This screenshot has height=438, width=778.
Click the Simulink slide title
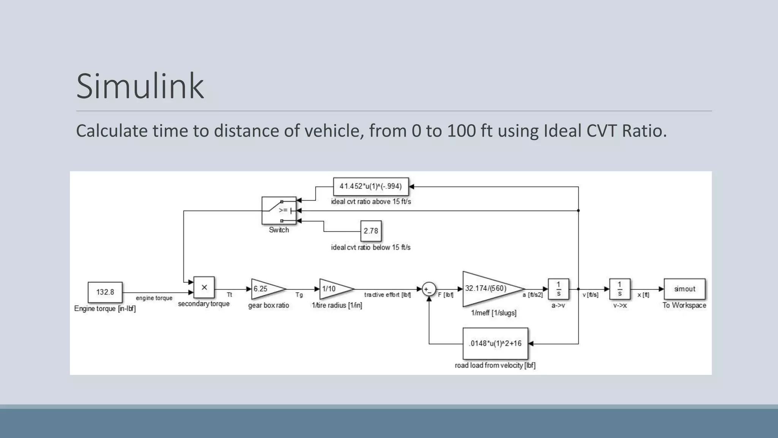pyautogui.click(x=140, y=86)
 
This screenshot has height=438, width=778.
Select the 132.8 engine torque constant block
pyautogui.click(x=105, y=292)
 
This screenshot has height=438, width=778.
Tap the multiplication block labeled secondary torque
pyautogui.click(x=204, y=287)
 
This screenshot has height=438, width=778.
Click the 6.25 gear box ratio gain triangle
pyautogui.click(x=266, y=289)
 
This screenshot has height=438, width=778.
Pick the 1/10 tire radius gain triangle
pyautogui.click(x=334, y=289)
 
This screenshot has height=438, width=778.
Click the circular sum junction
pyautogui.click(x=429, y=289)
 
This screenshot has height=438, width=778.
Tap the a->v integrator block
pyautogui.click(x=558, y=289)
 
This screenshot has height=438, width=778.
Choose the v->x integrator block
pyautogui.click(x=620, y=289)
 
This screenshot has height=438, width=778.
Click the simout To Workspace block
pyautogui.click(x=685, y=289)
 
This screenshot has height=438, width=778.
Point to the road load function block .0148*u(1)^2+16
pyautogui.click(x=495, y=343)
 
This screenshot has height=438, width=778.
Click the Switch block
pyautogui.click(x=279, y=210)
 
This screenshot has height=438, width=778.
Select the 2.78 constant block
pyautogui.click(x=371, y=231)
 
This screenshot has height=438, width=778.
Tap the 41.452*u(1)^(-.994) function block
pyautogui.click(x=371, y=186)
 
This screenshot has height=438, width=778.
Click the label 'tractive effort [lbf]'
pyautogui.click(x=387, y=295)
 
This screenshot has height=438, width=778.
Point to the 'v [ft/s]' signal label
pyautogui.click(x=590, y=295)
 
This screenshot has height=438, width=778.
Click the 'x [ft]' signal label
pyautogui.click(x=643, y=295)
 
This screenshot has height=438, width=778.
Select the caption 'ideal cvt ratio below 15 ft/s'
pyautogui.click(x=371, y=248)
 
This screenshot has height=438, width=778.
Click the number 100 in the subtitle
pyautogui.click(x=461, y=131)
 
